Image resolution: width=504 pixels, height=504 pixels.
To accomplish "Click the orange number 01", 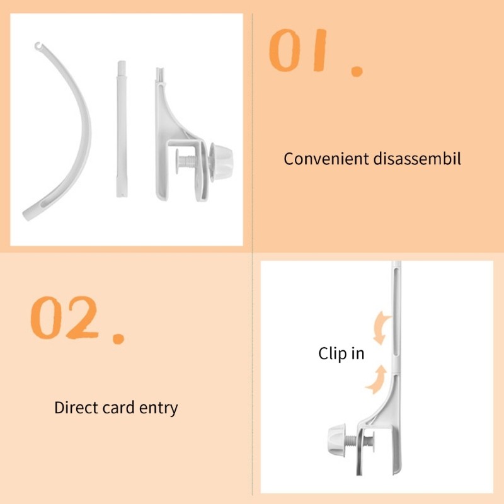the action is (298, 50).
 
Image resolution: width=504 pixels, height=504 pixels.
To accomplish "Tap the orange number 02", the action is (64, 318).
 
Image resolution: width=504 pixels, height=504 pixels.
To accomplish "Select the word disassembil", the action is (417, 159).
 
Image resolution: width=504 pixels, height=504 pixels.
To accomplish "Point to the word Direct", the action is (76, 407).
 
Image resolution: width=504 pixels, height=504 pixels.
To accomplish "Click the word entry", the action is (158, 408).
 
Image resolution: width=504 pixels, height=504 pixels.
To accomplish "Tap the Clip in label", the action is (341, 353).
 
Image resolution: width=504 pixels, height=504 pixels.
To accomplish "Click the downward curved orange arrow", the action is (381, 327).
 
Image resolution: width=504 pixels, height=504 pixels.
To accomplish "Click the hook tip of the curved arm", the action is (38, 46).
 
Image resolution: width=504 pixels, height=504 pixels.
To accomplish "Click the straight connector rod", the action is (122, 129).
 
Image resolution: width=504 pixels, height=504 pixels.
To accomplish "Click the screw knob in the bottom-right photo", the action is (336, 438).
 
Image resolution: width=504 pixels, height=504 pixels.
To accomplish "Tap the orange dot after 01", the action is (357, 71).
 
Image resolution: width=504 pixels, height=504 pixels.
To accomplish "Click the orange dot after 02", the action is (118, 339).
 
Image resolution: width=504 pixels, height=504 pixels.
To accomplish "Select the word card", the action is (118, 407).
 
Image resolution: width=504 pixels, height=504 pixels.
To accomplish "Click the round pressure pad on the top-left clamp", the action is (178, 161).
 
